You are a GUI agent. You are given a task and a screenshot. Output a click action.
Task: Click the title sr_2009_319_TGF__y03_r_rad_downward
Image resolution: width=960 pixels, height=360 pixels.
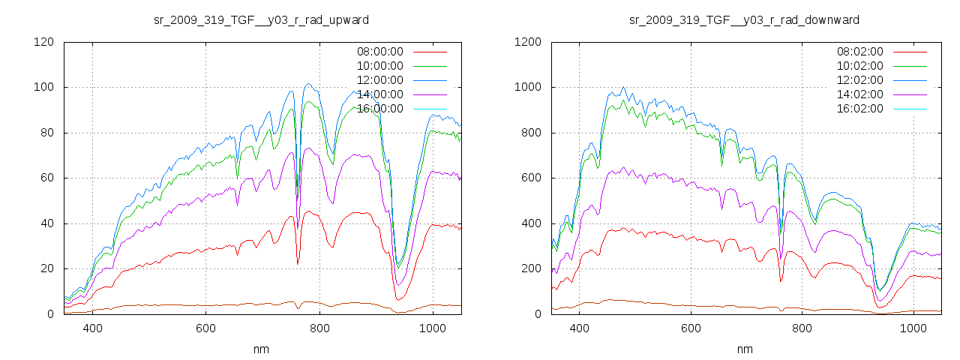744,19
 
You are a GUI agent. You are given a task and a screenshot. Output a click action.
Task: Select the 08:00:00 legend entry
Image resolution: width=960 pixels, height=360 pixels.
380,52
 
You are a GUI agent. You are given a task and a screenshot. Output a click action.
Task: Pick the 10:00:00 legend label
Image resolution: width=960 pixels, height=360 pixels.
380,66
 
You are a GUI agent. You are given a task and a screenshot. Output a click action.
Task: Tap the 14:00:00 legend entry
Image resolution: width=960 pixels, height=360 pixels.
380,94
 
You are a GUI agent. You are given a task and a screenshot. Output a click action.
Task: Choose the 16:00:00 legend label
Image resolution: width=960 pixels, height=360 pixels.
380,109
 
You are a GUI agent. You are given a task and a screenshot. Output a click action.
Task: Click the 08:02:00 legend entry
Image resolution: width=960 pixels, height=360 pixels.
860,52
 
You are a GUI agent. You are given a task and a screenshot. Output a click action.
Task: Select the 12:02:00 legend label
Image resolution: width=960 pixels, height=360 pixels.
860,80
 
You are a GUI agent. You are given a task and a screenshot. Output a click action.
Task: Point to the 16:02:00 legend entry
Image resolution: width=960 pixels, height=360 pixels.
860,109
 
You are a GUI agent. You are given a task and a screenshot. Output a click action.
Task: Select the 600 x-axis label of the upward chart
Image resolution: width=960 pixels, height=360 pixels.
206,328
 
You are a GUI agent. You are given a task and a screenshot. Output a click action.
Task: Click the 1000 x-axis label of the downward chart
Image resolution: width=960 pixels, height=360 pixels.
913,328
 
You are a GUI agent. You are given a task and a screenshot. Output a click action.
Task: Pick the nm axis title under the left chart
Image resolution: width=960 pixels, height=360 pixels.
262,349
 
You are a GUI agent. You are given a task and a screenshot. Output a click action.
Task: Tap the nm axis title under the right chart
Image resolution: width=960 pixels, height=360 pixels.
744,349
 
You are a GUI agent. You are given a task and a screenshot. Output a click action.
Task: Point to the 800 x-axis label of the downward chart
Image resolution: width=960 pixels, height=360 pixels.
802,328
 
